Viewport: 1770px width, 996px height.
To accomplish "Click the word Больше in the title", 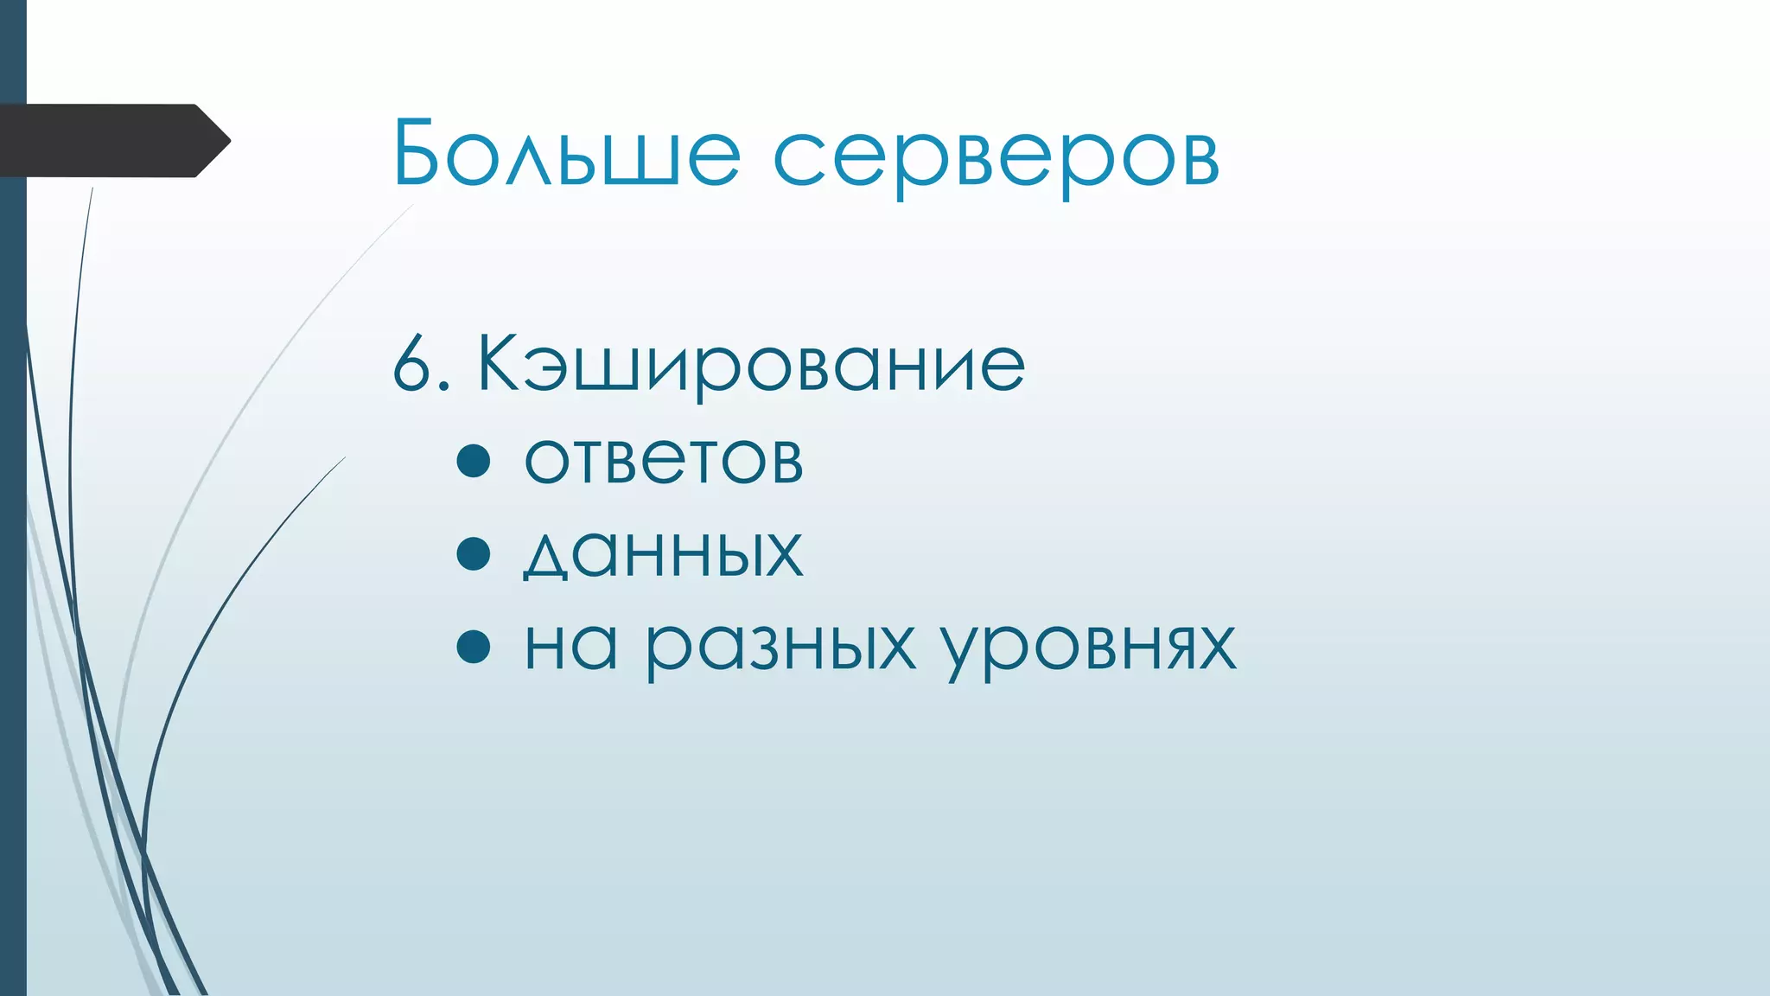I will [566, 153].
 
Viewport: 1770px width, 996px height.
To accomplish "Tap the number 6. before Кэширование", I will [421, 365].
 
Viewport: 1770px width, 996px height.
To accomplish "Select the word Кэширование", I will [750, 365].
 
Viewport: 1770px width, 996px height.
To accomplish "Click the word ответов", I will [664, 460].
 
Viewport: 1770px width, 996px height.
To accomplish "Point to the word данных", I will [664, 553].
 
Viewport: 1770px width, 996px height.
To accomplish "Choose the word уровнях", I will [1088, 648].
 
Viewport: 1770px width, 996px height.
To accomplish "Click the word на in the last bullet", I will [570, 647].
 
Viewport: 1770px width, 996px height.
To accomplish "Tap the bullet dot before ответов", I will [474, 461].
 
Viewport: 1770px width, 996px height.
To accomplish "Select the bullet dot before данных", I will [474, 553].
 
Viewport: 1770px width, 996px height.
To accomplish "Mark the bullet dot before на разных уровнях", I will [474, 646].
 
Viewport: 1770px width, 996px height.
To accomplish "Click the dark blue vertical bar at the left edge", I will [13, 562].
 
